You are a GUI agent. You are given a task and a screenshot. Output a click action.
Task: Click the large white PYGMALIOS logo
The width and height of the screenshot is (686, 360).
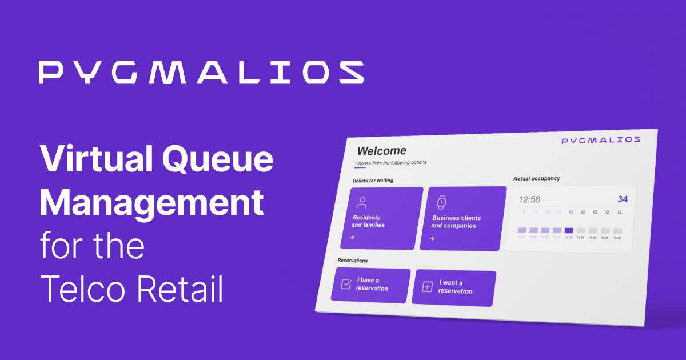pos(201,73)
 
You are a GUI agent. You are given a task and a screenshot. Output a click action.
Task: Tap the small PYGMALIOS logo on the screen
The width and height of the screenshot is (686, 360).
pos(601,140)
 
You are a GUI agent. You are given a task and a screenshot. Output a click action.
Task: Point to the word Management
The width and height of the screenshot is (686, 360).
pos(151,203)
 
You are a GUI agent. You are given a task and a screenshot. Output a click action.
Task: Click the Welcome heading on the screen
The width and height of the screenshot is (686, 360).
pos(381,151)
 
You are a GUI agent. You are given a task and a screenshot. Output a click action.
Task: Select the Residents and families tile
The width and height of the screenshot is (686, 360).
pos(381,218)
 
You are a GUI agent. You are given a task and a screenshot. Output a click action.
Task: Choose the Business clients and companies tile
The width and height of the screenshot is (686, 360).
pos(462,218)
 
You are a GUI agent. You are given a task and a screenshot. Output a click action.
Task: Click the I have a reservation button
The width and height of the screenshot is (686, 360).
pos(370,285)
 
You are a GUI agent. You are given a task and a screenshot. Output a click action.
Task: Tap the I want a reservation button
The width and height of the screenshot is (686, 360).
pos(453,287)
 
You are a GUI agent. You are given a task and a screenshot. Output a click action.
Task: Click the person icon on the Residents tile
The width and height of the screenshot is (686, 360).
pos(361,202)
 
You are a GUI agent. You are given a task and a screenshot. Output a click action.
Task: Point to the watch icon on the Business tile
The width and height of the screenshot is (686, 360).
pos(441,202)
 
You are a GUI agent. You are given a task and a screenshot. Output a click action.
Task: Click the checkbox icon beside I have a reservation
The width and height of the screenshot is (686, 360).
pos(346,284)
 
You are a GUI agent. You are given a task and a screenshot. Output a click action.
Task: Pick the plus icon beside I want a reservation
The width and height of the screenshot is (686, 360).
pos(427,287)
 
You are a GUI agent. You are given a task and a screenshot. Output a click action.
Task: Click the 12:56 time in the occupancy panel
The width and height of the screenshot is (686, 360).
pos(529,199)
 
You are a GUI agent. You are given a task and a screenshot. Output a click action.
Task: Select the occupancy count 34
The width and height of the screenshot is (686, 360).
pos(623,199)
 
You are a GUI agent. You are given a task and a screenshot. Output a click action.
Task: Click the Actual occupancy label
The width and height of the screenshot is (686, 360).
pos(536,179)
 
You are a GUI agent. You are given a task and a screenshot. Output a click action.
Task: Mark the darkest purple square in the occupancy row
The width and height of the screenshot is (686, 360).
pos(568,230)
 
